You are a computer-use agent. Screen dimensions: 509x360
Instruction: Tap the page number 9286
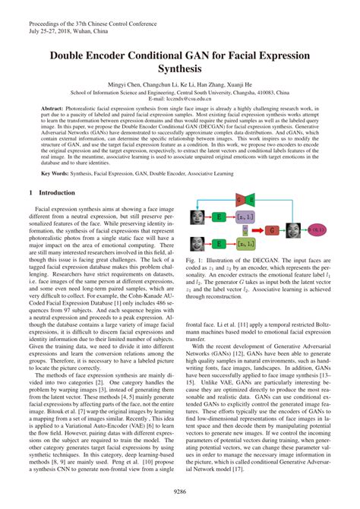[x=180, y=492]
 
